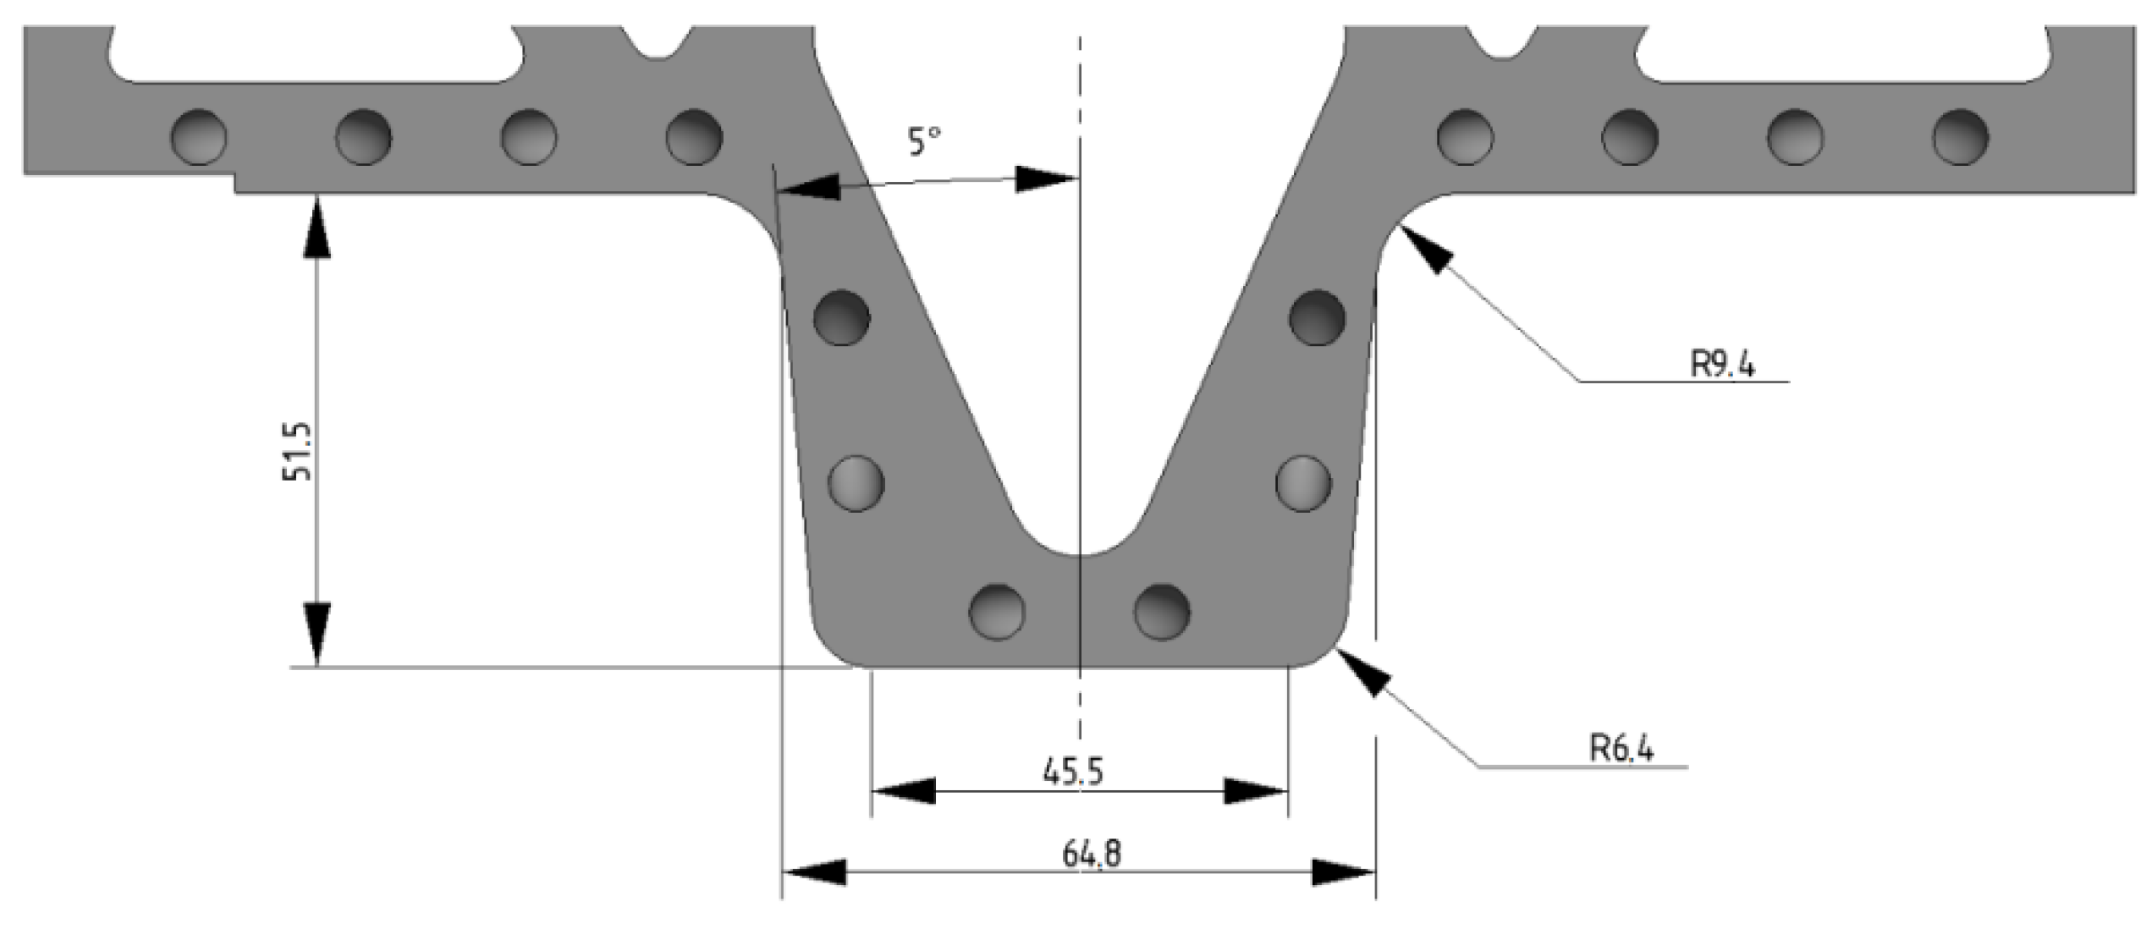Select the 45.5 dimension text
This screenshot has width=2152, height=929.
click(x=1072, y=772)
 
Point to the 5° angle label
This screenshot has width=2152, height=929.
click(x=924, y=141)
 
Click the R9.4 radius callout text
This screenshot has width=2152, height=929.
click(x=1722, y=364)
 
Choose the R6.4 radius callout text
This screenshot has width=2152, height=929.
click(x=1621, y=748)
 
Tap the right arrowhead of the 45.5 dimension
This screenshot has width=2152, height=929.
click(x=1257, y=791)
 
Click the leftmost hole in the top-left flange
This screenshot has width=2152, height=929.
click(x=199, y=136)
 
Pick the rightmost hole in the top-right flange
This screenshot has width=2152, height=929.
click(x=1960, y=136)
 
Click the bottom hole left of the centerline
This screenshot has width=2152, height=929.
click(x=997, y=611)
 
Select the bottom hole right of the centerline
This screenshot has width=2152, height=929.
click(x=1162, y=611)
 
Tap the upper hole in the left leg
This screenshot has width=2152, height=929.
click(x=841, y=317)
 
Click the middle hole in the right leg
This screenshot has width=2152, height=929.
click(x=1303, y=483)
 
